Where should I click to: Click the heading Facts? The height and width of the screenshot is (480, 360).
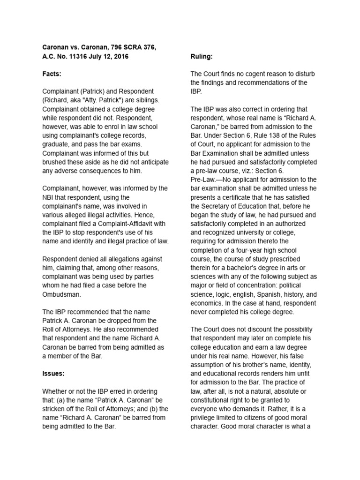(x=52, y=74)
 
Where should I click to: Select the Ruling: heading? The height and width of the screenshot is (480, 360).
(x=202, y=56)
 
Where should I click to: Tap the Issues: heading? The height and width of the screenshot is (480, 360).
(x=53, y=374)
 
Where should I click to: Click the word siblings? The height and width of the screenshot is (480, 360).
(x=145, y=100)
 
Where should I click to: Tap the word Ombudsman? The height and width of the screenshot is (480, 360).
(x=62, y=294)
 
